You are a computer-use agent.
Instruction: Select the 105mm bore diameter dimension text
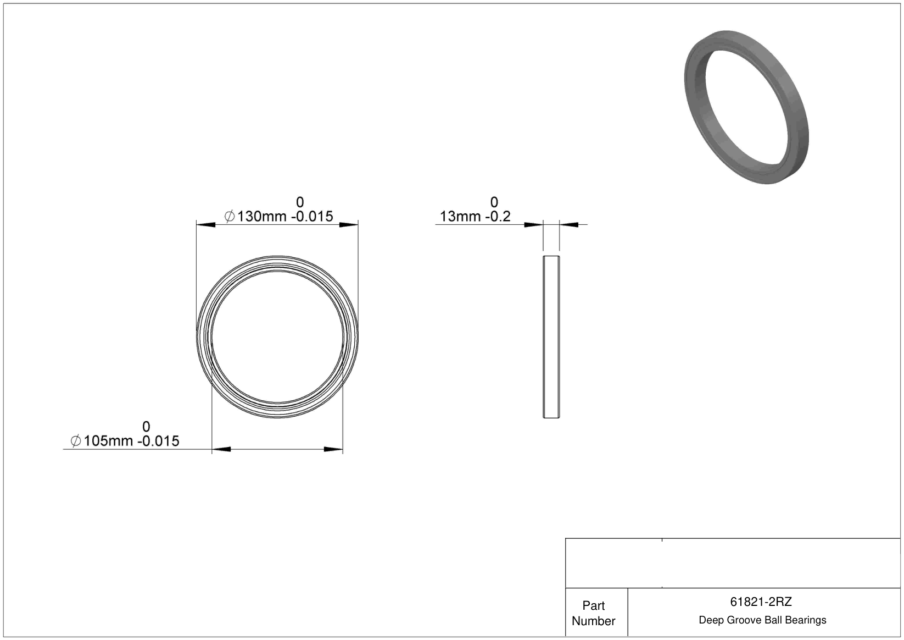pos(109,441)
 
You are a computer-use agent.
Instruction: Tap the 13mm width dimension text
pos(460,217)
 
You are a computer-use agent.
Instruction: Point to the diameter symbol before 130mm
pos(229,217)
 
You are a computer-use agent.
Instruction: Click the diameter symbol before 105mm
pos(76,441)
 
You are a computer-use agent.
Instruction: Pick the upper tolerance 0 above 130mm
pos(300,202)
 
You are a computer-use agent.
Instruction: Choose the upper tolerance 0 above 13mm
pos(494,202)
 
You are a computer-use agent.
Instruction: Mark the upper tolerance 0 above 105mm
pos(146,427)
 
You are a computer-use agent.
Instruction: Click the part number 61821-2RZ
pos(761,602)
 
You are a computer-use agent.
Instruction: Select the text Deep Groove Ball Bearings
pos(762,620)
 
